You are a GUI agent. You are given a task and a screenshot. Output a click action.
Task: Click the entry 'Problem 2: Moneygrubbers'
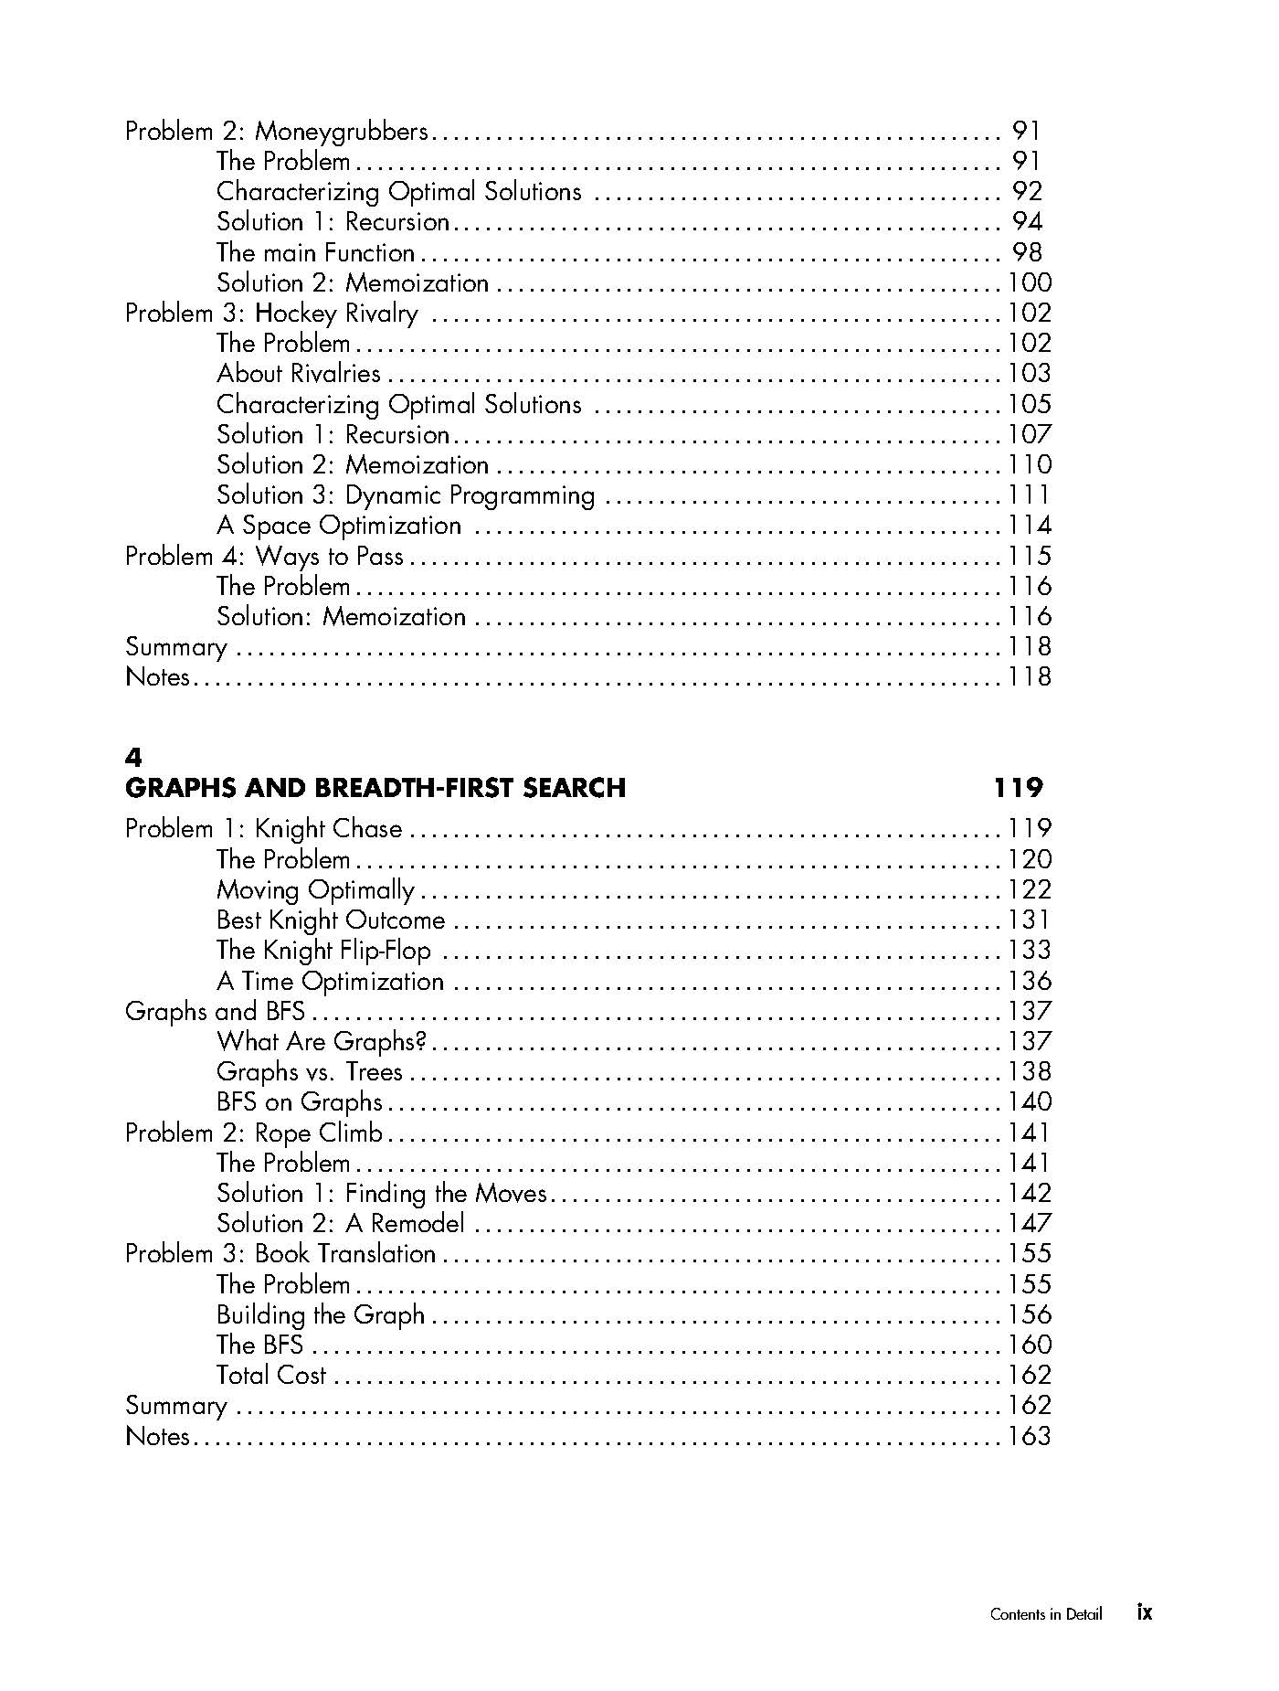[276, 132]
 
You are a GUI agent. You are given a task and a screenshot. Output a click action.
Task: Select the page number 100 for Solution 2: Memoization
[1030, 283]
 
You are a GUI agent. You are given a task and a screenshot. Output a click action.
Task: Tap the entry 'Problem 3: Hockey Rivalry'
[271, 314]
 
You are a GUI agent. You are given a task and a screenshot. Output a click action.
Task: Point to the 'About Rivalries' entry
[298, 374]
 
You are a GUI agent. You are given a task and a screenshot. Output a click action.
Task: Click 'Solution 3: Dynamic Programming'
[406, 495]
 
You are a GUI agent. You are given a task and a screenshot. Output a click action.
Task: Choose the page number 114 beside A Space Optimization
[1030, 526]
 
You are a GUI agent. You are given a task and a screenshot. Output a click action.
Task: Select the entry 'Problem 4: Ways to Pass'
[264, 556]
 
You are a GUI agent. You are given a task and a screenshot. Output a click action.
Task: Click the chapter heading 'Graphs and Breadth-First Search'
[375, 788]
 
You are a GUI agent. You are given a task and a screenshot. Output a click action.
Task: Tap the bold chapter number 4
[133, 758]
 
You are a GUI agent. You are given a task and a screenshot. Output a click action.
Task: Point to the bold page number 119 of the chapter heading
[1018, 788]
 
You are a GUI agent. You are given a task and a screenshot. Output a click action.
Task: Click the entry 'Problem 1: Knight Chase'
[263, 829]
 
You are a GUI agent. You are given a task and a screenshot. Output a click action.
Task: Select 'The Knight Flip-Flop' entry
[323, 951]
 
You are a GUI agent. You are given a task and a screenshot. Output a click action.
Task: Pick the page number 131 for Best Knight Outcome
[1030, 920]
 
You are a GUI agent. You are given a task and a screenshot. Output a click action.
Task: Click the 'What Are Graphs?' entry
[322, 1041]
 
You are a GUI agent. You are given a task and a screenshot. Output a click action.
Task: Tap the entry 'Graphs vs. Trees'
[309, 1071]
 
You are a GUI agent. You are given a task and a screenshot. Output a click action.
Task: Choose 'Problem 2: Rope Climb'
[254, 1133]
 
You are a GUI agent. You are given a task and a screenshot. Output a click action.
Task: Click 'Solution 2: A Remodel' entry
[340, 1223]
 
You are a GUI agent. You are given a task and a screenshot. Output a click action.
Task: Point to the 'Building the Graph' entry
[321, 1314]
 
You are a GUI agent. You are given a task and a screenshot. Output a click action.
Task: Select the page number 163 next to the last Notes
[1030, 1436]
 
